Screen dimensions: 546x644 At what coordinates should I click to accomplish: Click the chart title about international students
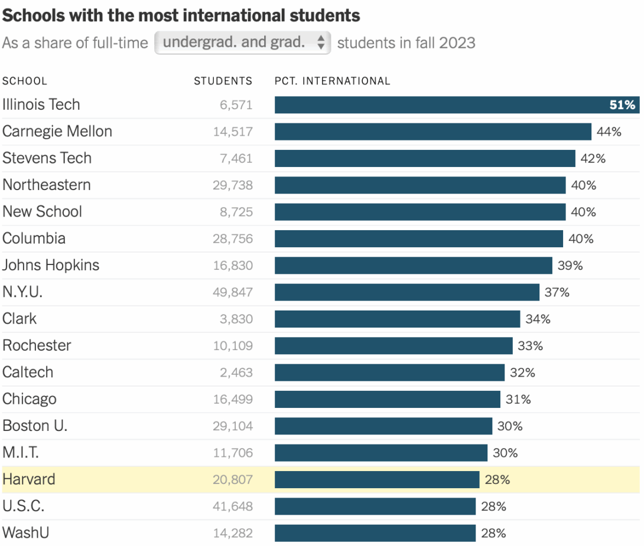(x=181, y=15)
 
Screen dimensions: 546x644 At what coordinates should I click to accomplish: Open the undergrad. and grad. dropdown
(x=242, y=42)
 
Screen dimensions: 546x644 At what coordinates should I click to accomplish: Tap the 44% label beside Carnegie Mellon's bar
(x=609, y=132)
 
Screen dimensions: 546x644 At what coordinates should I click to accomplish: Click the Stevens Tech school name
(x=47, y=158)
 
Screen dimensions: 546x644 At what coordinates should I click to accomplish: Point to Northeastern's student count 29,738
(x=233, y=185)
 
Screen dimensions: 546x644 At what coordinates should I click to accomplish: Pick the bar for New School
(x=419, y=212)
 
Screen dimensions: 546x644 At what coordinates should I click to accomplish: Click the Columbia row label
(x=34, y=238)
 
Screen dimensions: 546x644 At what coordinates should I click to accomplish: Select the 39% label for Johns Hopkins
(x=570, y=266)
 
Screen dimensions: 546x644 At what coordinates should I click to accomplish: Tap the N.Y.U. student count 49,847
(x=233, y=292)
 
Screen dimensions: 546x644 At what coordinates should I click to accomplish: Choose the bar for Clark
(x=397, y=319)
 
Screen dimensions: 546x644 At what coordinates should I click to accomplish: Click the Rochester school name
(x=37, y=345)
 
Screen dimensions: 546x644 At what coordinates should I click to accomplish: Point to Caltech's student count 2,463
(x=236, y=372)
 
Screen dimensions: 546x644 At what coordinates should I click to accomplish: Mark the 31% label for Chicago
(x=518, y=400)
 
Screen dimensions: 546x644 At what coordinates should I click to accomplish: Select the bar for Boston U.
(x=383, y=426)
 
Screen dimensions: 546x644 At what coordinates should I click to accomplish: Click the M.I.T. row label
(x=21, y=453)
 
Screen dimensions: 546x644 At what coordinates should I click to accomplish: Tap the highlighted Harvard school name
(x=29, y=479)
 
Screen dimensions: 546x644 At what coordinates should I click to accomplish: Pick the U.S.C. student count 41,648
(x=233, y=506)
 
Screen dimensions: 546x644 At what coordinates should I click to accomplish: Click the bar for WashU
(x=375, y=533)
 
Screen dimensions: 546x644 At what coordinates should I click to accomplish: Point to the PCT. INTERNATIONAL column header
(x=332, y=81)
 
